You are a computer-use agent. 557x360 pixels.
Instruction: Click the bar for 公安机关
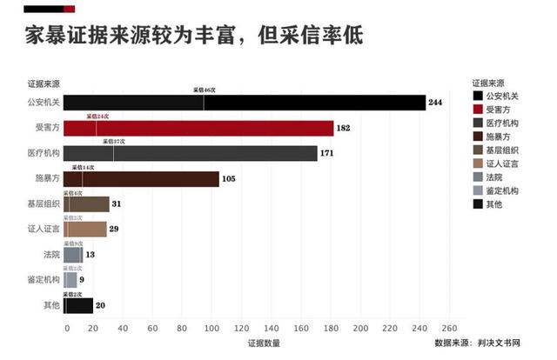[x=244, y=103]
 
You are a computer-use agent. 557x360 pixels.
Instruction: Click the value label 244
[x=436, y=103]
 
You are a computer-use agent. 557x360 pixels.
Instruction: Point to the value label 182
[x=344, y=129]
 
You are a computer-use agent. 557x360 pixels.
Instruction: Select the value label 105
[x=230, y=180]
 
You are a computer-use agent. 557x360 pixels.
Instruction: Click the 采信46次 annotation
[x=205, y=90]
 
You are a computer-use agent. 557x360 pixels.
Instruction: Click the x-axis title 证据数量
[x=264, y=343]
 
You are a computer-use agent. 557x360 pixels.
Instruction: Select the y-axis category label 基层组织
[x=44, y=204]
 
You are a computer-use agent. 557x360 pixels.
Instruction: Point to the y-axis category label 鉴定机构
[x=44, y=280]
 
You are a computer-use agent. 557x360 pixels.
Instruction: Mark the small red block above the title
[x=69, y=9]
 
